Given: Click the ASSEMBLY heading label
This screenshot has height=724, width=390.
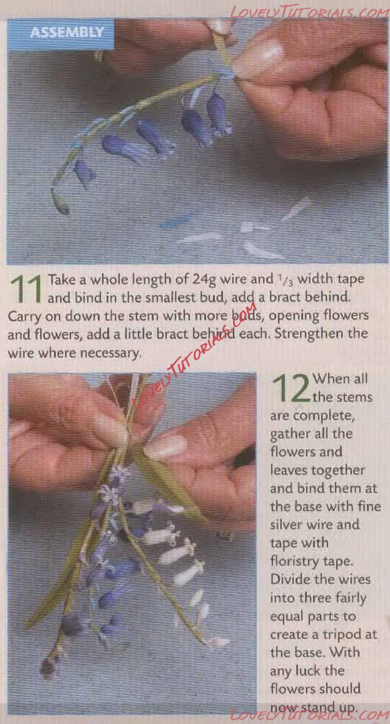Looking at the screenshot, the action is point(67,33).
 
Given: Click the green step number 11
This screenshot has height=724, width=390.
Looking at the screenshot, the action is point(26,289).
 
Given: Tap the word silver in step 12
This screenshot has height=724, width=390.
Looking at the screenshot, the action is point(286,524).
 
